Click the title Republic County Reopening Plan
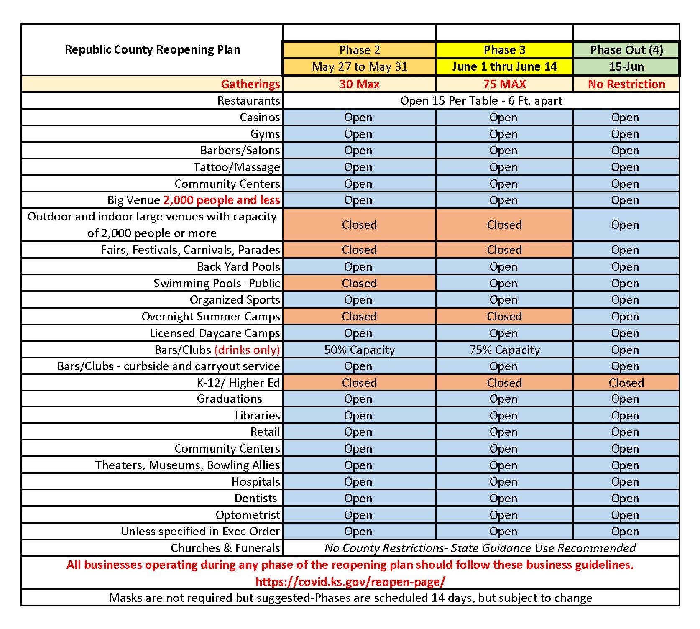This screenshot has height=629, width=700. (x=153, y=50)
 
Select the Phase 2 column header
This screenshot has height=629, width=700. (x=360, y=50)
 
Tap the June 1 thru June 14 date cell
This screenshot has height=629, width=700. (x=504, y=67)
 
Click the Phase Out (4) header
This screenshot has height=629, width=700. (x=626, y=50)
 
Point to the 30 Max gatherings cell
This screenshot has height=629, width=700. (x=360, y=84)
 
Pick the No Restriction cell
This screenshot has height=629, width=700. (x=626, y=84)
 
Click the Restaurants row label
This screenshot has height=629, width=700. (x=248, y=101)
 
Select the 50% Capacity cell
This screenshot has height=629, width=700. (x=360, y=350)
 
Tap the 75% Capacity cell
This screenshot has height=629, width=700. (x=504, y=350)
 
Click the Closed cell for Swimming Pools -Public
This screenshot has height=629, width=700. (x=360, y=283)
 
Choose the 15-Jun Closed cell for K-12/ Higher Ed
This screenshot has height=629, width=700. (x=626, y=383)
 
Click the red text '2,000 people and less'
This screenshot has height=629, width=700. (x=221, y=200)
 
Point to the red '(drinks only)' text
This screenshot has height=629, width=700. (x=247, y=350)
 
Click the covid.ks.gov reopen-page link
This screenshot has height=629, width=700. (x=350, y=582)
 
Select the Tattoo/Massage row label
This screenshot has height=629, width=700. (x=237, y=167)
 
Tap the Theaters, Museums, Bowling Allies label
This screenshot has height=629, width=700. (x=187, y=465)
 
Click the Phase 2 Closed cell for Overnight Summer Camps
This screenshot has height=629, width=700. (x=360, y=316)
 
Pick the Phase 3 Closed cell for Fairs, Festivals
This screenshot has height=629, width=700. (x=504, y=250)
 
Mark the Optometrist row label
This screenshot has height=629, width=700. (x=248, y=515)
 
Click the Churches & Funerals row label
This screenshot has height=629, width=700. (x=225, y=548)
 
